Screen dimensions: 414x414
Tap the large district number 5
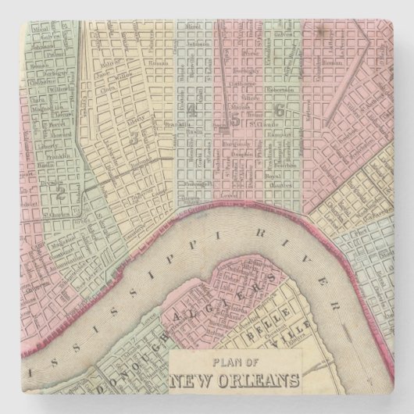tap(234, 119)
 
